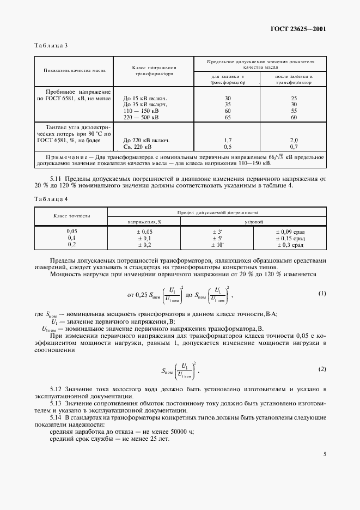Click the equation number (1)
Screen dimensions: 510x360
tap(322, 294)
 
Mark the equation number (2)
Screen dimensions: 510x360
tap(322, 369)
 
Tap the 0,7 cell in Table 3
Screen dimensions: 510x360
tap(294, 147)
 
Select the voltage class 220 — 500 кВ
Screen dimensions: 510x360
tap(141, 117)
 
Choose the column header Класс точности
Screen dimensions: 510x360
tap(71, 216)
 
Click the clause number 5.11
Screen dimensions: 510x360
tap(56, 179)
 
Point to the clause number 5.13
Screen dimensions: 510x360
tap(56, 403)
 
